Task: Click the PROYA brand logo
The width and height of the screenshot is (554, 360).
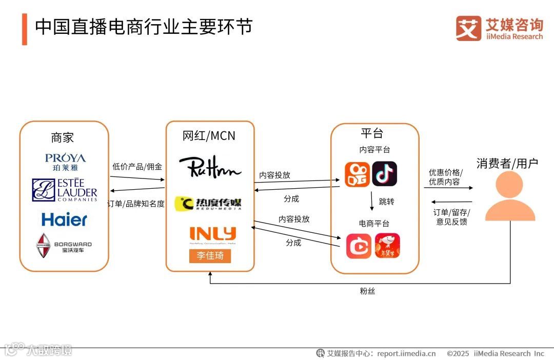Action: [x=65, y=161]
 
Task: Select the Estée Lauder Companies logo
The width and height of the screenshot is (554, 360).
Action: [x=64, y=190]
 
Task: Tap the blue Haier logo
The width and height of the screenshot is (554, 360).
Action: [x=64, y=220]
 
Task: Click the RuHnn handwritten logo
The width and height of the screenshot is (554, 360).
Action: [x=210, y=166]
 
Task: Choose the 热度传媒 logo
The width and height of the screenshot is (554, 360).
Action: [x=208, y=204]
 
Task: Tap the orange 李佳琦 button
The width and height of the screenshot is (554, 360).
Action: [x=210, y=255]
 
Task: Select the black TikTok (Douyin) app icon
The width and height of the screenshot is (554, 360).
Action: [x=384, y=174]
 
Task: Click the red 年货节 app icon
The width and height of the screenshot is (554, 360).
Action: [x=387, y=246]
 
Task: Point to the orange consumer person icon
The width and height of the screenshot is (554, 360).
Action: [x=509, y=197]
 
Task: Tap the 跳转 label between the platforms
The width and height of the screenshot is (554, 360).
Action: [x=386, y=202]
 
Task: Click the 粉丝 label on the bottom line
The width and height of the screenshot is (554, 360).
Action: [x=367, y=291]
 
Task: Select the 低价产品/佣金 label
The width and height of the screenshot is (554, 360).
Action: [x=137, y=167]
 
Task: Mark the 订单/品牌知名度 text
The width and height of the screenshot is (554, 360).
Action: [x=136, y=204]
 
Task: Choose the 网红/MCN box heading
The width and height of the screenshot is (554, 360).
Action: [x=209, y=136]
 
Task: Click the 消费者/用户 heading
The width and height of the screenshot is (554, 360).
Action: [x=507, y=163]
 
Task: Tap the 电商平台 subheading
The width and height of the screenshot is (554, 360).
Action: [x=374, y=224]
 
